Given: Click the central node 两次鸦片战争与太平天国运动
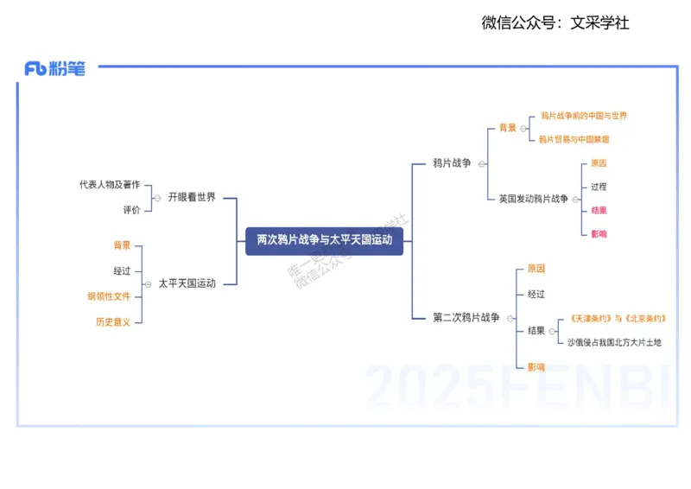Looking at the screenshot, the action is coord(324,240).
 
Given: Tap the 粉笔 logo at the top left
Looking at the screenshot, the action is coord(55,69).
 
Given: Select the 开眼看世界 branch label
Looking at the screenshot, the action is coord(192,198).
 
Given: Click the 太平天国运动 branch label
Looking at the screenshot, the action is coord(187,283).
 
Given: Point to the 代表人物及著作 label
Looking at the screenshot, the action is coord(110,185).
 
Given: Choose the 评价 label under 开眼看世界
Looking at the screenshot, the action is coord(131,210).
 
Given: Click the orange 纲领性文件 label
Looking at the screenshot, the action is coord(109,296).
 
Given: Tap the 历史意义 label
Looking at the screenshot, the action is coord(113,322).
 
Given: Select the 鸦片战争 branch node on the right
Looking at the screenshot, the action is coord(452,163).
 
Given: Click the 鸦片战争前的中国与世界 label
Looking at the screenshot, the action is coord(584,116).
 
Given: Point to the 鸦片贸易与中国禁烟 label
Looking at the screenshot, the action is coord(574,139).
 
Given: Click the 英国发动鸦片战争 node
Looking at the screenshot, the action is coord(533,200).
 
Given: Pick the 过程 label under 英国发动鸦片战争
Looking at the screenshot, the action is coord(599,187).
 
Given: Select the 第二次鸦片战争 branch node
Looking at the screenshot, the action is coord(466,318).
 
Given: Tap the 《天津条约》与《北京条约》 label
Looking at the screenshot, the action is coord(618,319).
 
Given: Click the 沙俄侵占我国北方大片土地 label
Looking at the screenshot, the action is coord(614,343).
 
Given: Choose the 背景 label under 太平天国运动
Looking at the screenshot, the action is coord(122,246).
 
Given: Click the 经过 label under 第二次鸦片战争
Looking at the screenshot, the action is coord(536,295).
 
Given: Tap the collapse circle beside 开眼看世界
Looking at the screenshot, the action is coord(157,198).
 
